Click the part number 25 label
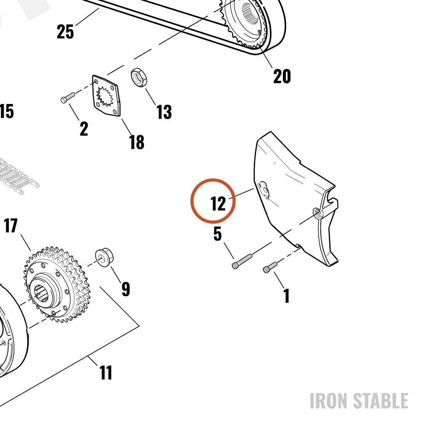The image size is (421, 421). (x=65, y=32)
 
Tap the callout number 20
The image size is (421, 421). (x=282, y=76)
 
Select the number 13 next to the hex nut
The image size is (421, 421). (x=164, y=112)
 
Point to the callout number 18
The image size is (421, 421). (x=137, y=142)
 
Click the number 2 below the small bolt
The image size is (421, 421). (x=84, y=128)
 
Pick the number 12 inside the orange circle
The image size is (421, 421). (x=218, y=204)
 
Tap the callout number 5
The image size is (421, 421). (x=218, y=234)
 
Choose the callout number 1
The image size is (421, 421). (x=287, y=296)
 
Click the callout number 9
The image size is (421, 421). (x=125, y=289)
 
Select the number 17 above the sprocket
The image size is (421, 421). (x=11, y=226)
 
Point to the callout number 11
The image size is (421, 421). (x=106, y=373)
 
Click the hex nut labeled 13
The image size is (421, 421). (x=139, y=77)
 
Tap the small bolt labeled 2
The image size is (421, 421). (x=68, y=98)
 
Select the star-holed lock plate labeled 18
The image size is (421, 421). (x=107, y=96)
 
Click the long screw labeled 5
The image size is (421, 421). (x=242, y=261)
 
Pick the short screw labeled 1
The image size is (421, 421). (x=270, y=267)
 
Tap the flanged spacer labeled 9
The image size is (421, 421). (x=104, y=258)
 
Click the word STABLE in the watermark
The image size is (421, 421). (x=381, y=401)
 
